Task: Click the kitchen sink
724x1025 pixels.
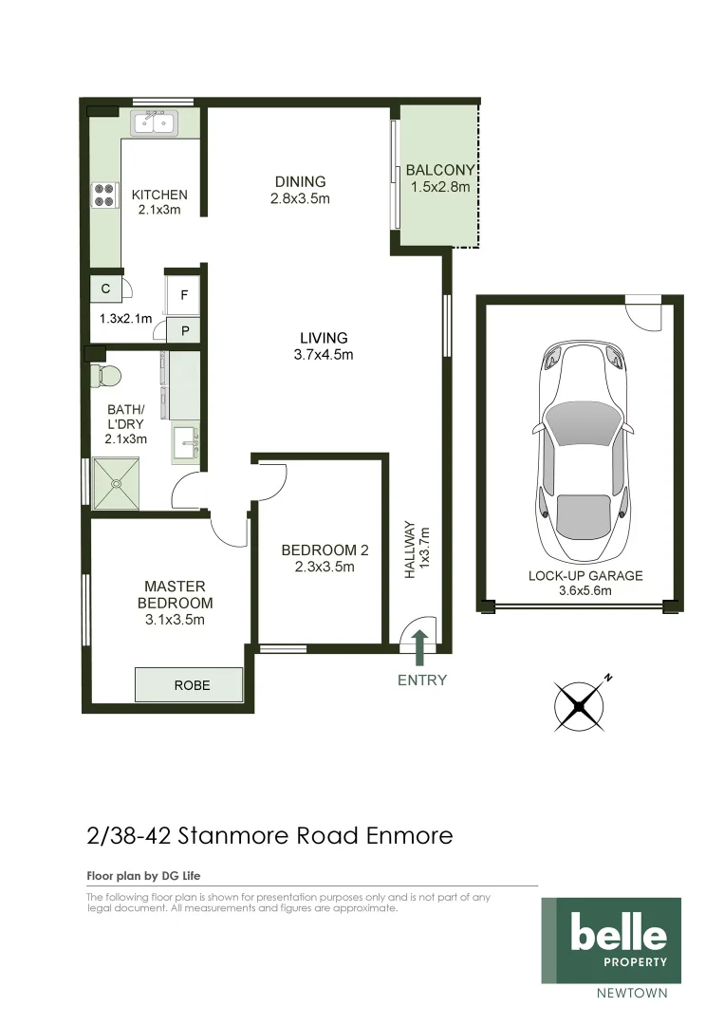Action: tap(155, 123)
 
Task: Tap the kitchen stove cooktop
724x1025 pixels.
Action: tap(102, 195)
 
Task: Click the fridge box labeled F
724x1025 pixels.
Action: tap(184, 295)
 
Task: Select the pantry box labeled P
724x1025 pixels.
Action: tap(184, 331)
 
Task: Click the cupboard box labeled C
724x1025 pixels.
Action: tap(105, 288)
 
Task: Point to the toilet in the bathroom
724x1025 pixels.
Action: tap(102, 375)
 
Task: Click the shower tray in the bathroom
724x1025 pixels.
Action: tap(117, 481)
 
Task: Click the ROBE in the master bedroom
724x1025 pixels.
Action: tap(189, 684)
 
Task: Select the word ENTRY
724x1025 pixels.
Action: tap(421, 680)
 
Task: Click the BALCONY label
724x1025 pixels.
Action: tap(439, 171)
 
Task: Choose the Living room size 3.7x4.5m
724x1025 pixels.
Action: tap(324, 355)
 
